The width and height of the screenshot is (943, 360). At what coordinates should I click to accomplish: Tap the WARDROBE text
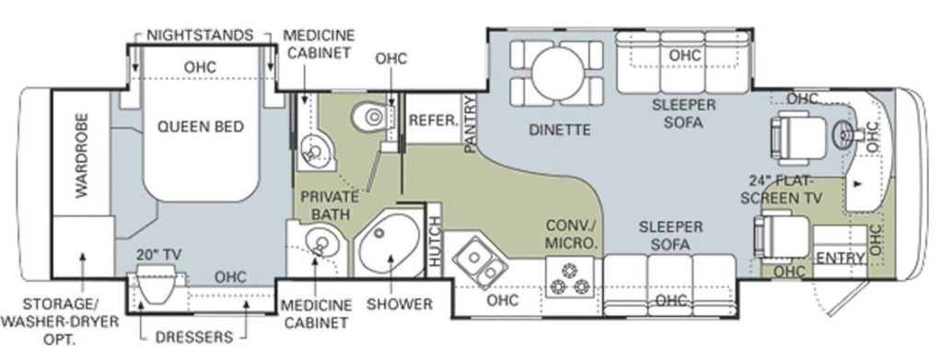point(82,156)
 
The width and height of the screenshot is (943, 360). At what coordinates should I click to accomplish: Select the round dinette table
point(557,74)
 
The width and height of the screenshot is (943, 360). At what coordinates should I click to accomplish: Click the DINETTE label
point(560,129)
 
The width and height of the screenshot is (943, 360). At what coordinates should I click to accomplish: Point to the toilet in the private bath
point(373,117)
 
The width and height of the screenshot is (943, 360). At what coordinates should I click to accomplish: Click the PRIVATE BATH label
point(330,205)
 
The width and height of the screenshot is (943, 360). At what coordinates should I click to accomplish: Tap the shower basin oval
point(387,245)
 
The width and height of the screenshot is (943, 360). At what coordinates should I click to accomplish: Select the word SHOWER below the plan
point(400,304)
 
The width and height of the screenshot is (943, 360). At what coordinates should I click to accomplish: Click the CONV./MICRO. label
point(572,235)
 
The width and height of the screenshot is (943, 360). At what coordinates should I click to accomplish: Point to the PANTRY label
point(470,123)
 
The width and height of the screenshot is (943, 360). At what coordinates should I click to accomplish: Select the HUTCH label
point(435,241)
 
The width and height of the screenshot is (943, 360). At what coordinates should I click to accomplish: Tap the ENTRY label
point(841,259)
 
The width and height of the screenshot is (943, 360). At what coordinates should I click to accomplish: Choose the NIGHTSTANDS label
point(201,34)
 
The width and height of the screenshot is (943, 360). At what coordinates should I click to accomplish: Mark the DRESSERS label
point(193,337)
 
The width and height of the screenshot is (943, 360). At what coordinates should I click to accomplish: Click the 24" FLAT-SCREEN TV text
point(782,190)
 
